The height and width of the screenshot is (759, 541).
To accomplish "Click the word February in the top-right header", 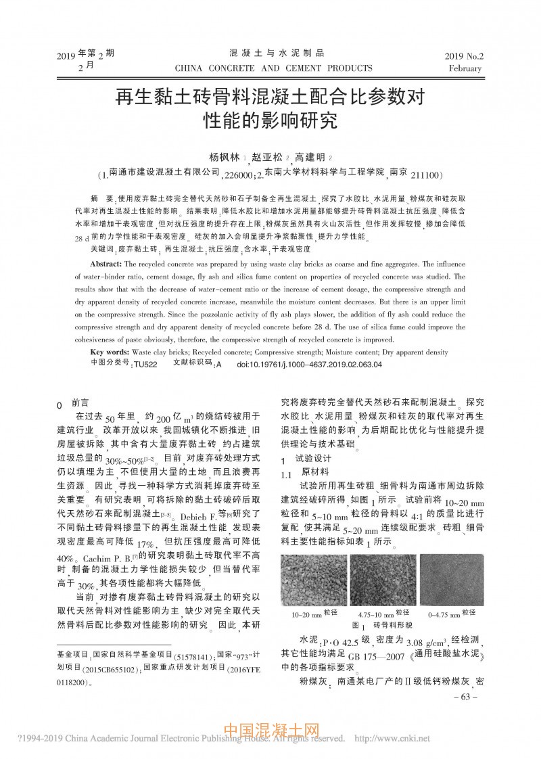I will [x=465, y=68].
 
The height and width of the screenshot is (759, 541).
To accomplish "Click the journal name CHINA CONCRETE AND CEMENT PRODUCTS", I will [x=273, y=68].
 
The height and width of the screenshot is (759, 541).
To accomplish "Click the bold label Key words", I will [x=110, y=352].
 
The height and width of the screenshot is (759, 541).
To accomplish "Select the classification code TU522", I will [x=145, y=364].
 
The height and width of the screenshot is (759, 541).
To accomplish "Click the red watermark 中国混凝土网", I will [x=271, y=732].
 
